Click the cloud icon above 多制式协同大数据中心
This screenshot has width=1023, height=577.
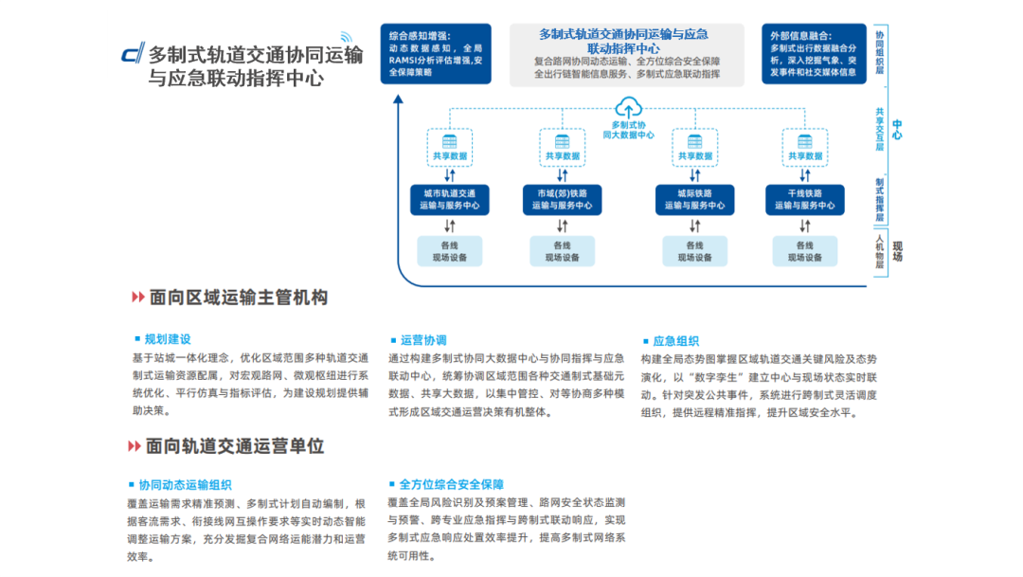[629, 107]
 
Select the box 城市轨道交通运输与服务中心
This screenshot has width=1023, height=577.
[450, 199]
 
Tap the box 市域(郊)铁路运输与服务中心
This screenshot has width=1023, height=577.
[562, 199]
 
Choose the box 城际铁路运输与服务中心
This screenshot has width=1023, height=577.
[694, 199]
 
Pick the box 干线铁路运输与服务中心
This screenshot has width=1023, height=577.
[805, 199]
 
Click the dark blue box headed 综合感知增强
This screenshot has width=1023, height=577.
[436, 53]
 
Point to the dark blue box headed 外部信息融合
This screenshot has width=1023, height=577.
[814, 53]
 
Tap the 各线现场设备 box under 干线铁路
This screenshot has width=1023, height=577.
[805, 251]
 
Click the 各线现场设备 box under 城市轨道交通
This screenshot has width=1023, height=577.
[450, 251]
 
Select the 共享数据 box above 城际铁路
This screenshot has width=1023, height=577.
[694, 149]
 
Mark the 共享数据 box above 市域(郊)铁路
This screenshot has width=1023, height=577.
[562, 149]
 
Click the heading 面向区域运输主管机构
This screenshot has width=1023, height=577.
[238, 298]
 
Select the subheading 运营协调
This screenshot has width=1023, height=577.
[423, 340]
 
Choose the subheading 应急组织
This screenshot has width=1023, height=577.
[675, 340]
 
